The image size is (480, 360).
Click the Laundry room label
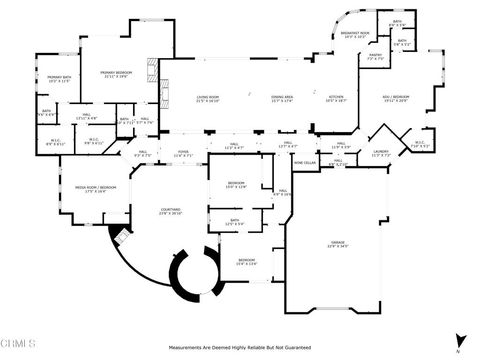tap(381, 153)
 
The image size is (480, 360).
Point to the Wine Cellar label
tap(306, 162)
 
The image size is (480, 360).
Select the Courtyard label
tap(171, 211)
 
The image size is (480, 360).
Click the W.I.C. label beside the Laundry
tap(421, 143)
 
